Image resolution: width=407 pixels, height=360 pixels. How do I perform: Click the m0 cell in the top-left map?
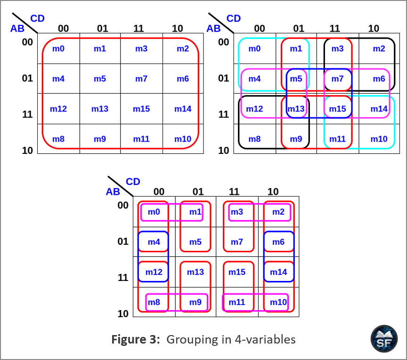pyautogui.click(x=58, y=48)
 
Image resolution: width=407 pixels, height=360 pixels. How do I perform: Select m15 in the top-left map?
pyautogui.click(x=141, y=109)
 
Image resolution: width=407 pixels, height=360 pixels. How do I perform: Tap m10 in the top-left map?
pyautogui.click(x=183, y=139)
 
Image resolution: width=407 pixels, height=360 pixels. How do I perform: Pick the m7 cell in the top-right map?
pyautogui.click(x=337, y=79)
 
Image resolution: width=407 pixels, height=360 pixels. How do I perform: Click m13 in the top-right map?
pyautogui.click(x=296, y=109)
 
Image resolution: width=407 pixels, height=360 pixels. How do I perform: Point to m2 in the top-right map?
pyautogui.click(x=379, y=48)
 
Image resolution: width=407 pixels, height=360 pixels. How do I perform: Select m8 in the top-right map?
pyautogui.click(x=255, y=139)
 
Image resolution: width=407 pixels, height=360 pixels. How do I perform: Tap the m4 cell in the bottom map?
pyautogui.click(x=154, y=242)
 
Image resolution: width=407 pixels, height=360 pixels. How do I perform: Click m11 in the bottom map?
pyautogui.click(x=237, y=302)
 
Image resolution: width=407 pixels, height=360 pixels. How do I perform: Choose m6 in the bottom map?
pyautogui.click(x=278, y=242)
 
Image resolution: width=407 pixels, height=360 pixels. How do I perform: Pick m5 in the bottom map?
pyautogui.click(x=195, y=242)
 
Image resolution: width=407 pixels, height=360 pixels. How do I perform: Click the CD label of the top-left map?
pyautogui.click(x=37, y=18)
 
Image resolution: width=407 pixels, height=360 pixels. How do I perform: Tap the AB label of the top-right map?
pyautogui.click(x=213, y=29)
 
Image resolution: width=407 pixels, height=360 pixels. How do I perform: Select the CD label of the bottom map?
pyautogui.click(x=133, y=182)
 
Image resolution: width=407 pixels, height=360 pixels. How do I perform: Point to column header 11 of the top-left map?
pyautogui.click(x=138, y=28)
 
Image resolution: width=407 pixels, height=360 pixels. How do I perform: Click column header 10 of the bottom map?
pyautogui.click(x=273, y=192)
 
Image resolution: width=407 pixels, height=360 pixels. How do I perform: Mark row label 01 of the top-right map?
pyautogui.click(x=224, y=78)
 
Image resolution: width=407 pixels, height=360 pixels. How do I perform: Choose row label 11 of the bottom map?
pyautogui.click(x=123, y=278)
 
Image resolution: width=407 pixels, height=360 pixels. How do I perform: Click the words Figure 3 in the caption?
pyautogui.click(x=136, y=339)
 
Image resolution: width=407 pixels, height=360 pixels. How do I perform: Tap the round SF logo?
pyautogui.click(x=384, y=338)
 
